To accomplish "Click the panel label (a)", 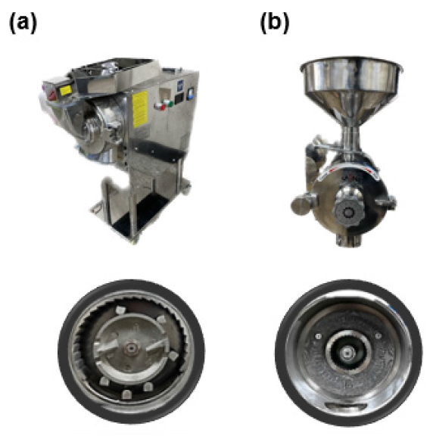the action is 23,23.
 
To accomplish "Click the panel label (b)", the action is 275,23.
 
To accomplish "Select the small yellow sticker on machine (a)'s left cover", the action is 66,90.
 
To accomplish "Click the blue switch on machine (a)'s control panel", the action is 190,93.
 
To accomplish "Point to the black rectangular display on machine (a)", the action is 178,98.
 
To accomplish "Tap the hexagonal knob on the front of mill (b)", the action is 348,212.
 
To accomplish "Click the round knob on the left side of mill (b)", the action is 300,205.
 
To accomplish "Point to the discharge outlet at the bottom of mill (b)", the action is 348,240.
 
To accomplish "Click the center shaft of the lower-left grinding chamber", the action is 130,348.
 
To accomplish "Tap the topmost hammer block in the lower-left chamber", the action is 120,310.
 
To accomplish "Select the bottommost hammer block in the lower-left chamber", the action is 126,394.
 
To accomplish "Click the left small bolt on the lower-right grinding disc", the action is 319,336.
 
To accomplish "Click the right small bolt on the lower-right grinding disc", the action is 378,336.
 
